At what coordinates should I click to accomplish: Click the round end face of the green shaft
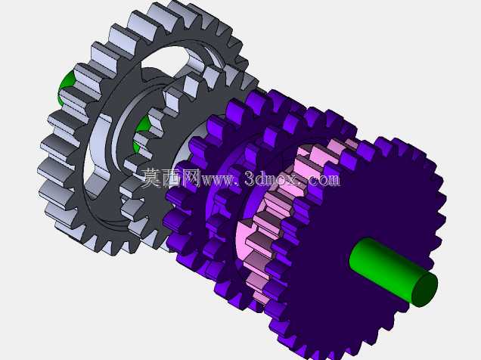(424, 290)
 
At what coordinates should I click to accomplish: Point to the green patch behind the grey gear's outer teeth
(65, 88)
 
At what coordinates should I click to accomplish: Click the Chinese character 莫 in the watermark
(151, 177)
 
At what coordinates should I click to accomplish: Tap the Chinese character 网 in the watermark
(191, 177)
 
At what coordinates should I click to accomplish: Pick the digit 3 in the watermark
(251, 178)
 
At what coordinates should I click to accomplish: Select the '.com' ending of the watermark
(321, 180)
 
